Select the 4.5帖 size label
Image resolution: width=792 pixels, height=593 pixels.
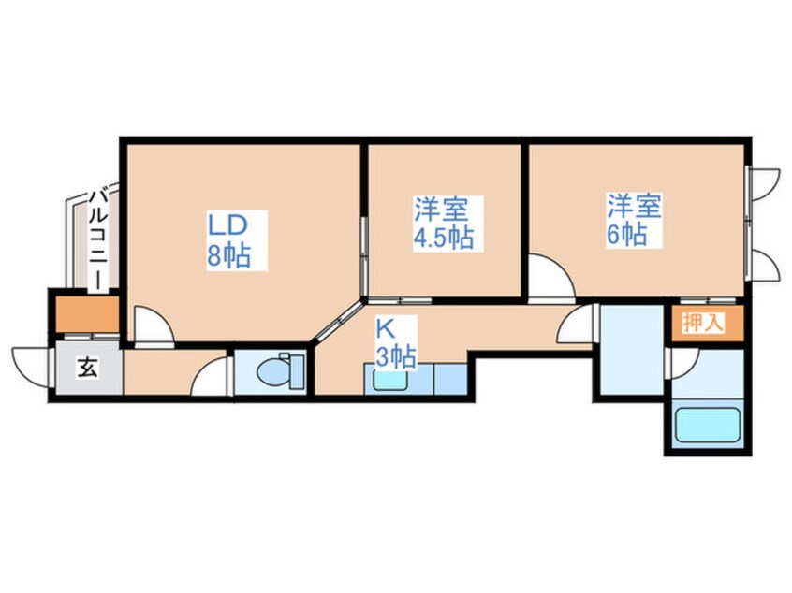tap(444, 237)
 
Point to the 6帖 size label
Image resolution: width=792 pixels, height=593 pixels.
tap(626, 234)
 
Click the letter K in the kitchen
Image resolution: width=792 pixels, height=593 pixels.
tap(384, 328)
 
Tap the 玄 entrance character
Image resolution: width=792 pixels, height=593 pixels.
tap(86, 368)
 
